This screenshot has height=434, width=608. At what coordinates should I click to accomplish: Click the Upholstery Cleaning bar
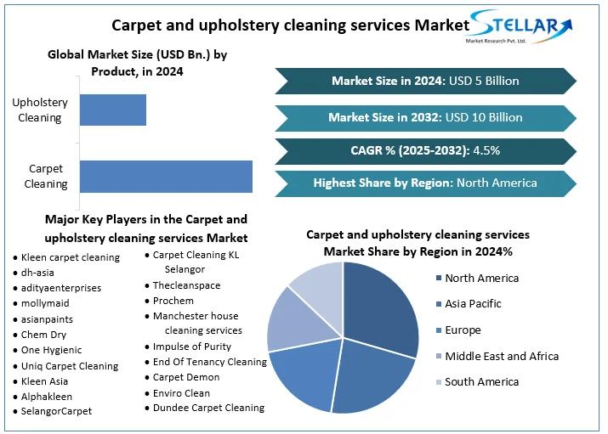point(112,110)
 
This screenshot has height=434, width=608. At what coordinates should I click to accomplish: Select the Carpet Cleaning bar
point(166,176)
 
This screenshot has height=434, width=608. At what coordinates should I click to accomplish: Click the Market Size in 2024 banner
point(424,81)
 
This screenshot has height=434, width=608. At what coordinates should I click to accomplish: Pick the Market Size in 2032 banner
point(424,117)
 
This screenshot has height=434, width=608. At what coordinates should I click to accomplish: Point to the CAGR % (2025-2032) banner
point(424,150)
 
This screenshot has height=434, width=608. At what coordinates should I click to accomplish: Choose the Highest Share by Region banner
point(424,183)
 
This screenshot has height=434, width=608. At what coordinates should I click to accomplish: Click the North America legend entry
point(481,278)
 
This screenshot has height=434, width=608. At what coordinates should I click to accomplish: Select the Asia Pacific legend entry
point(473,303)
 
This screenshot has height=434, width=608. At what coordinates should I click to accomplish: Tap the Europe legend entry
point(463,330)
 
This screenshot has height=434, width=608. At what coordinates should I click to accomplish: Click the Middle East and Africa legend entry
point(501,356)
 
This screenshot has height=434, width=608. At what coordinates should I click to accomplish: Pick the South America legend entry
point(481,382)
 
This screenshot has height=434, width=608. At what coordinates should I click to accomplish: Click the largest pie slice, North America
point(379,306)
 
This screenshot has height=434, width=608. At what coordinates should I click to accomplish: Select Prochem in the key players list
point(173,301)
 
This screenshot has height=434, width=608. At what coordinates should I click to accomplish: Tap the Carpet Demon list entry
point(185,377)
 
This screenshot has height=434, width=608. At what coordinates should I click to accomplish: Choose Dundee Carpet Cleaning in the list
point(208,408)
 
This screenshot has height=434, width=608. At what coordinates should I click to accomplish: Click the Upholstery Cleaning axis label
point(40,110)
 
